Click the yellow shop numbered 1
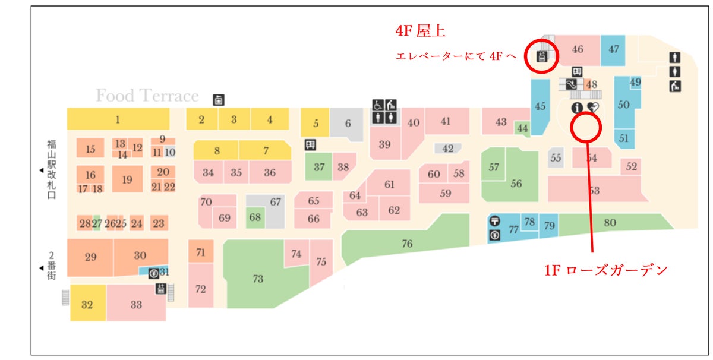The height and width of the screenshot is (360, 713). point(117,119)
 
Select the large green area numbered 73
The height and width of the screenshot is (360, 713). point(258,279)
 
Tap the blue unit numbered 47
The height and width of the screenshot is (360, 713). point(614,49)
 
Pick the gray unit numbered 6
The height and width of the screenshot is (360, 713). point(348,124)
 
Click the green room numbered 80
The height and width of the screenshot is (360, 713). point(610,223)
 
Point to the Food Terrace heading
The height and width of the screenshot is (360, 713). point(147,96)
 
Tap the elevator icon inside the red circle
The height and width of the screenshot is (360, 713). point(541,56)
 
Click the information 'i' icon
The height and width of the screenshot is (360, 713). point(576,108)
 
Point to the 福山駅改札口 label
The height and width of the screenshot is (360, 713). point(51,170)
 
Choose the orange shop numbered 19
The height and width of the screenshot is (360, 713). point(127,179)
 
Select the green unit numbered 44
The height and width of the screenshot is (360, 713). point(522,128)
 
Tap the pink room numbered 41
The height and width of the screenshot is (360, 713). point(446,121)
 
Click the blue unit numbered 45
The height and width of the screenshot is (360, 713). point(540,107)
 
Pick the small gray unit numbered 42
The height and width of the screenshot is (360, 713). point(448,149)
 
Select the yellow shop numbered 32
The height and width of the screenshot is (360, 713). point(87,305)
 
